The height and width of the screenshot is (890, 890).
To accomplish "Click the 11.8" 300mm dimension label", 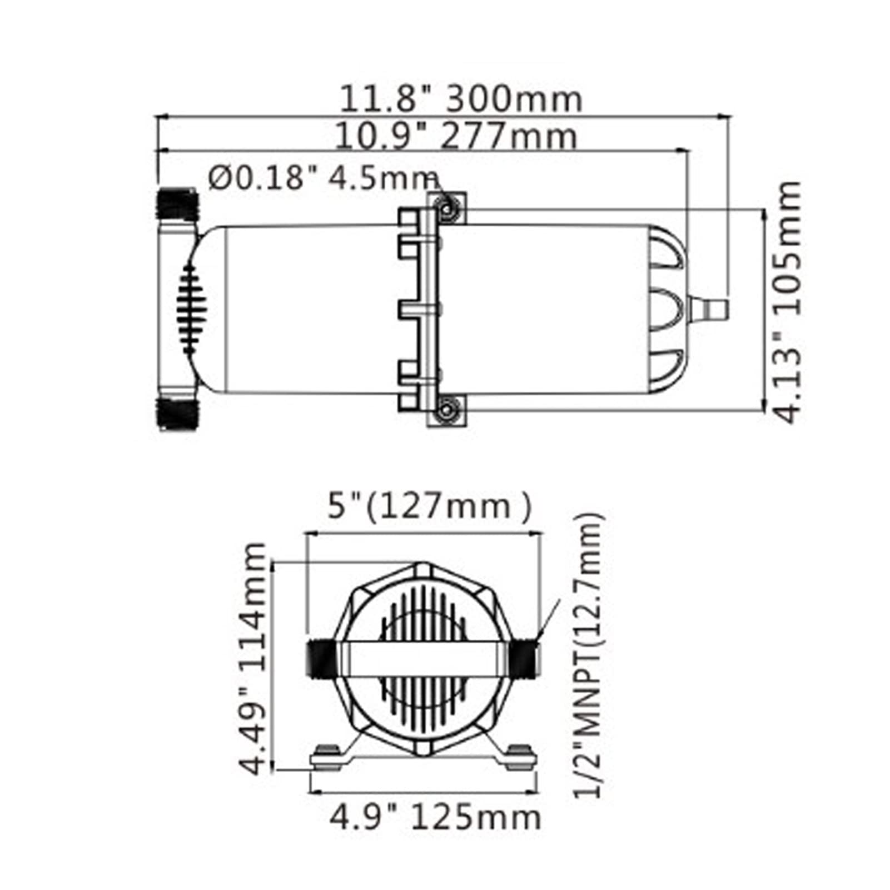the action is click(461, 100).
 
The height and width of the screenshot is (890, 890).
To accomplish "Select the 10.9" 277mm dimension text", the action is click(456, 137).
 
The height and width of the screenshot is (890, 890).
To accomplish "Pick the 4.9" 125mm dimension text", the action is click(435, 818).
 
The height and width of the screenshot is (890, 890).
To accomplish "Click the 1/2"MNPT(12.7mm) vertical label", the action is click(588, 655).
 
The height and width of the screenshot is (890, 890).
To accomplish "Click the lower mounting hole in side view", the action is click(446, 411).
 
